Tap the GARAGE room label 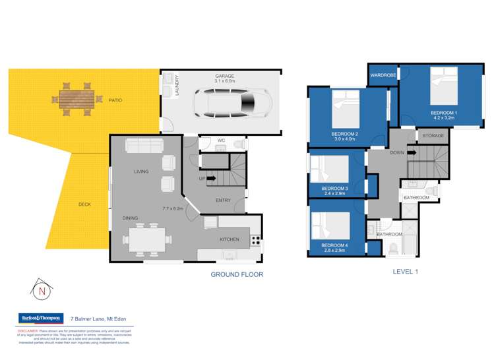[x=224, y=76]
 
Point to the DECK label [x=84, y=204]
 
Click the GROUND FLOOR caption [x=237, y=274]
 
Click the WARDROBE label [x=383, y=75]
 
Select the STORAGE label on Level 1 [x=432, y=136]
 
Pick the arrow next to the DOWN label [x=412, y=152]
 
